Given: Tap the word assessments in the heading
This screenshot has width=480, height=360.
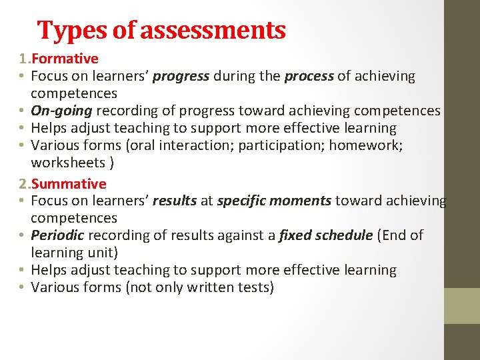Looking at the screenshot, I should click(x=213, y=30).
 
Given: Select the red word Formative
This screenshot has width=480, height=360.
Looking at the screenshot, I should click(x=69, y=59).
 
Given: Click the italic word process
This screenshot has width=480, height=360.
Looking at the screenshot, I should click(x=309, y=76).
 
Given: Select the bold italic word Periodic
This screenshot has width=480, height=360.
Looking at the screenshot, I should click(x=57, y=235).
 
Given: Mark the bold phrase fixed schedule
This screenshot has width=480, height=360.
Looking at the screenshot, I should click(x=325, y=235).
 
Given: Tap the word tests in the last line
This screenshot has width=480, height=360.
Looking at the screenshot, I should click(x=258, y=287).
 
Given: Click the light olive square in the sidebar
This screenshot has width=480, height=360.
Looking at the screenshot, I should click(x=462, y=306).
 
